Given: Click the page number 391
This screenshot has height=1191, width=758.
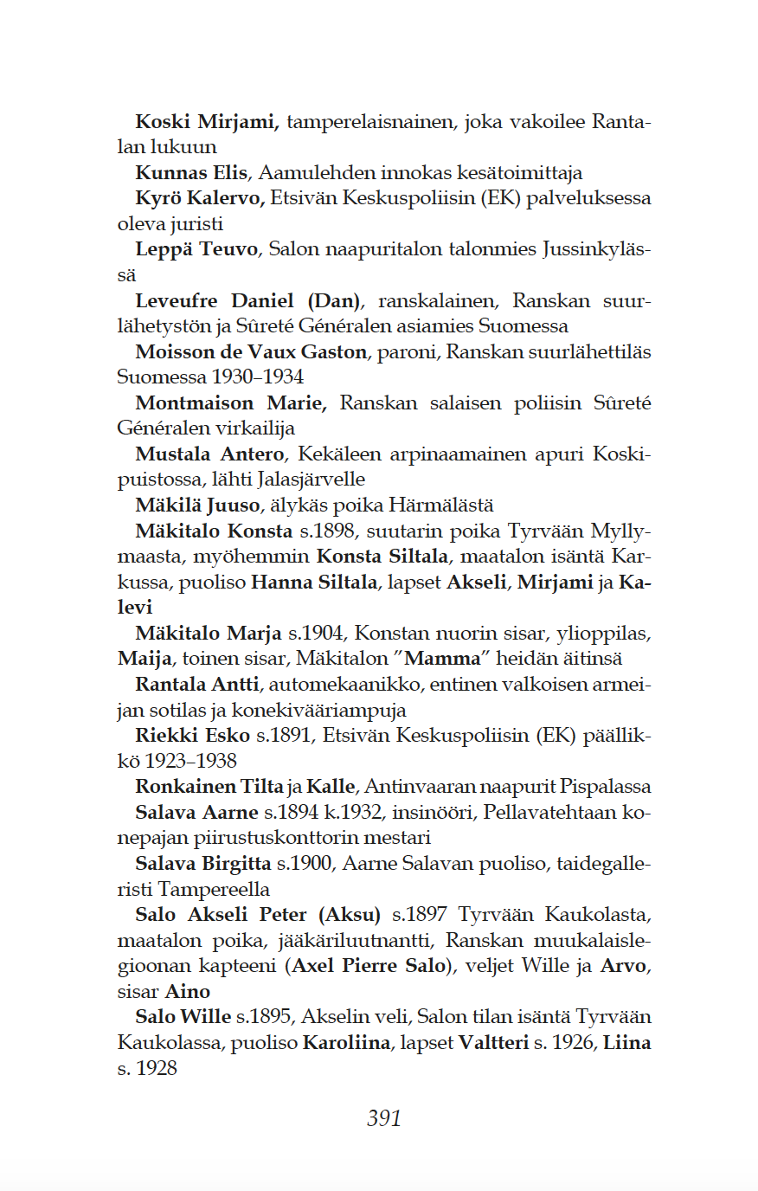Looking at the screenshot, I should click(x=384, y=1118).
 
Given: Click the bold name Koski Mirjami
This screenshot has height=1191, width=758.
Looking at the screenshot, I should click(x=207, y=121).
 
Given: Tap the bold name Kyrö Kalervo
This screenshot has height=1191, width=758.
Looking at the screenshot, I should click(x=200, y=198).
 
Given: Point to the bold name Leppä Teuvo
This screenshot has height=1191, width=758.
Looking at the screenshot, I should click(x=196, y=249).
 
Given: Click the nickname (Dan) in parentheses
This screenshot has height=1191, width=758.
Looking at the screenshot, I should click(x=334, y=300).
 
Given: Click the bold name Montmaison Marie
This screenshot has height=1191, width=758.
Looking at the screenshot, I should click(x=231, y=403).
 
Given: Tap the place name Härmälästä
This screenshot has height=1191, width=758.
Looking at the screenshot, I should click(x=441, y=505).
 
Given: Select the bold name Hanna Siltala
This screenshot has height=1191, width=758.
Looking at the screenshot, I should click(x=314, y=583).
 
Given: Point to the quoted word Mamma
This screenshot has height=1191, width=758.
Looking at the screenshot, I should click(x=442, y=659).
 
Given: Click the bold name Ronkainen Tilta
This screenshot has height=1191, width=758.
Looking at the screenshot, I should click(x=209, y=787).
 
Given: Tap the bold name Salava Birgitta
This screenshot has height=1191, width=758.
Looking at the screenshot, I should click(x=202, y=863).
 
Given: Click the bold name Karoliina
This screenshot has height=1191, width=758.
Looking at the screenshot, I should click(x=346, y=1043).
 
